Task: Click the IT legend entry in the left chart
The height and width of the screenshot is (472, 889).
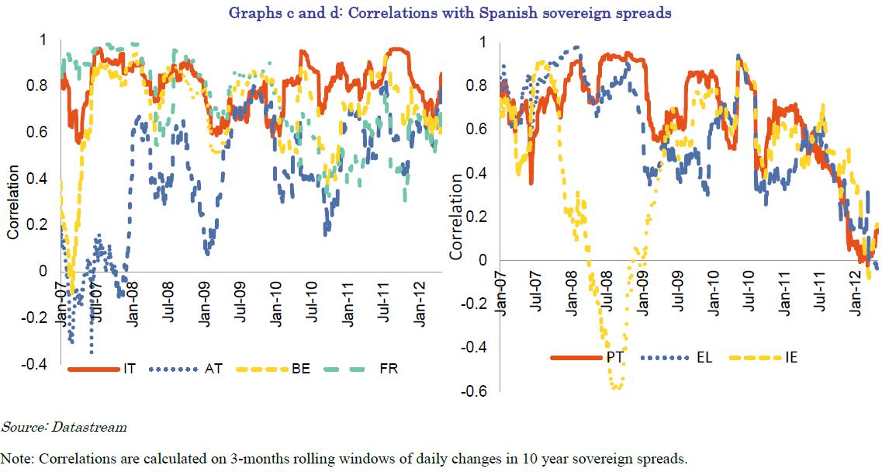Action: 102,368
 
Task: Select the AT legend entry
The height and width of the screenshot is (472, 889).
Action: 187,368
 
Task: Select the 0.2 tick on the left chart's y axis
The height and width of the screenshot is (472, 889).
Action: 40,224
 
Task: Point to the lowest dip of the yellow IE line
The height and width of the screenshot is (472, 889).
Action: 617,387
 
